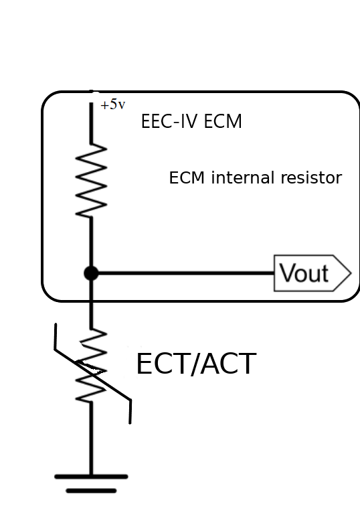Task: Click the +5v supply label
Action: pos(112,105)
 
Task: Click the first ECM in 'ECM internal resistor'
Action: pos(185,178)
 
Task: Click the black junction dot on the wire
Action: pos(91,273)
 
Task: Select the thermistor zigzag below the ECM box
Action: pos(91,365)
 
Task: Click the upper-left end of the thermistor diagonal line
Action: pos(56,327)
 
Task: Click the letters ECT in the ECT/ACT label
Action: pos(159,365)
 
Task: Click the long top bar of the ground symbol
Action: pos(91,477)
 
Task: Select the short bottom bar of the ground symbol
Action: pos(91,491)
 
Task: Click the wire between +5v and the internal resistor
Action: pos(91,124)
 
